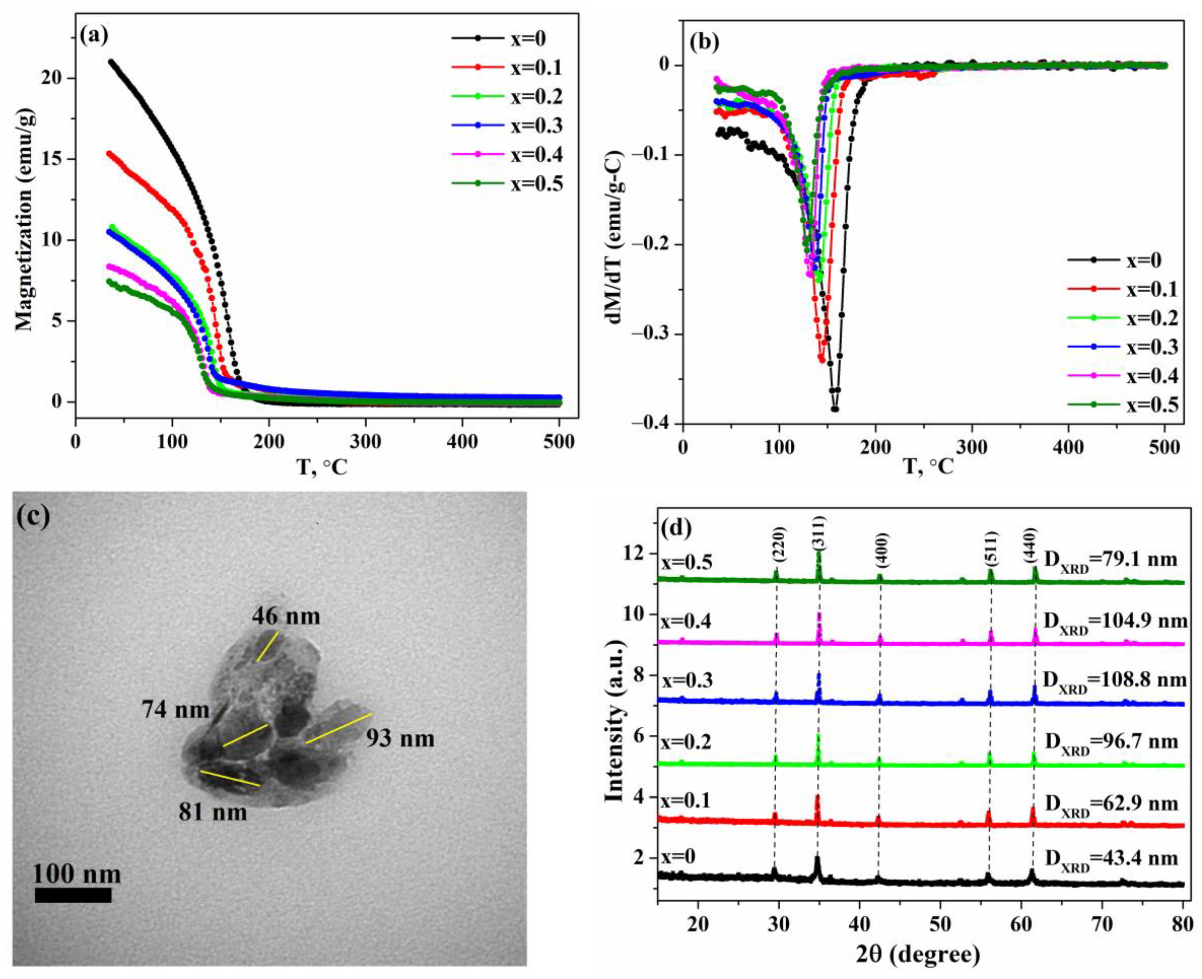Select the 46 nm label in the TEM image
click(286, 616)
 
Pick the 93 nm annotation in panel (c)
click(400, 738)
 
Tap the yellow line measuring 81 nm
click(229, 778)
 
